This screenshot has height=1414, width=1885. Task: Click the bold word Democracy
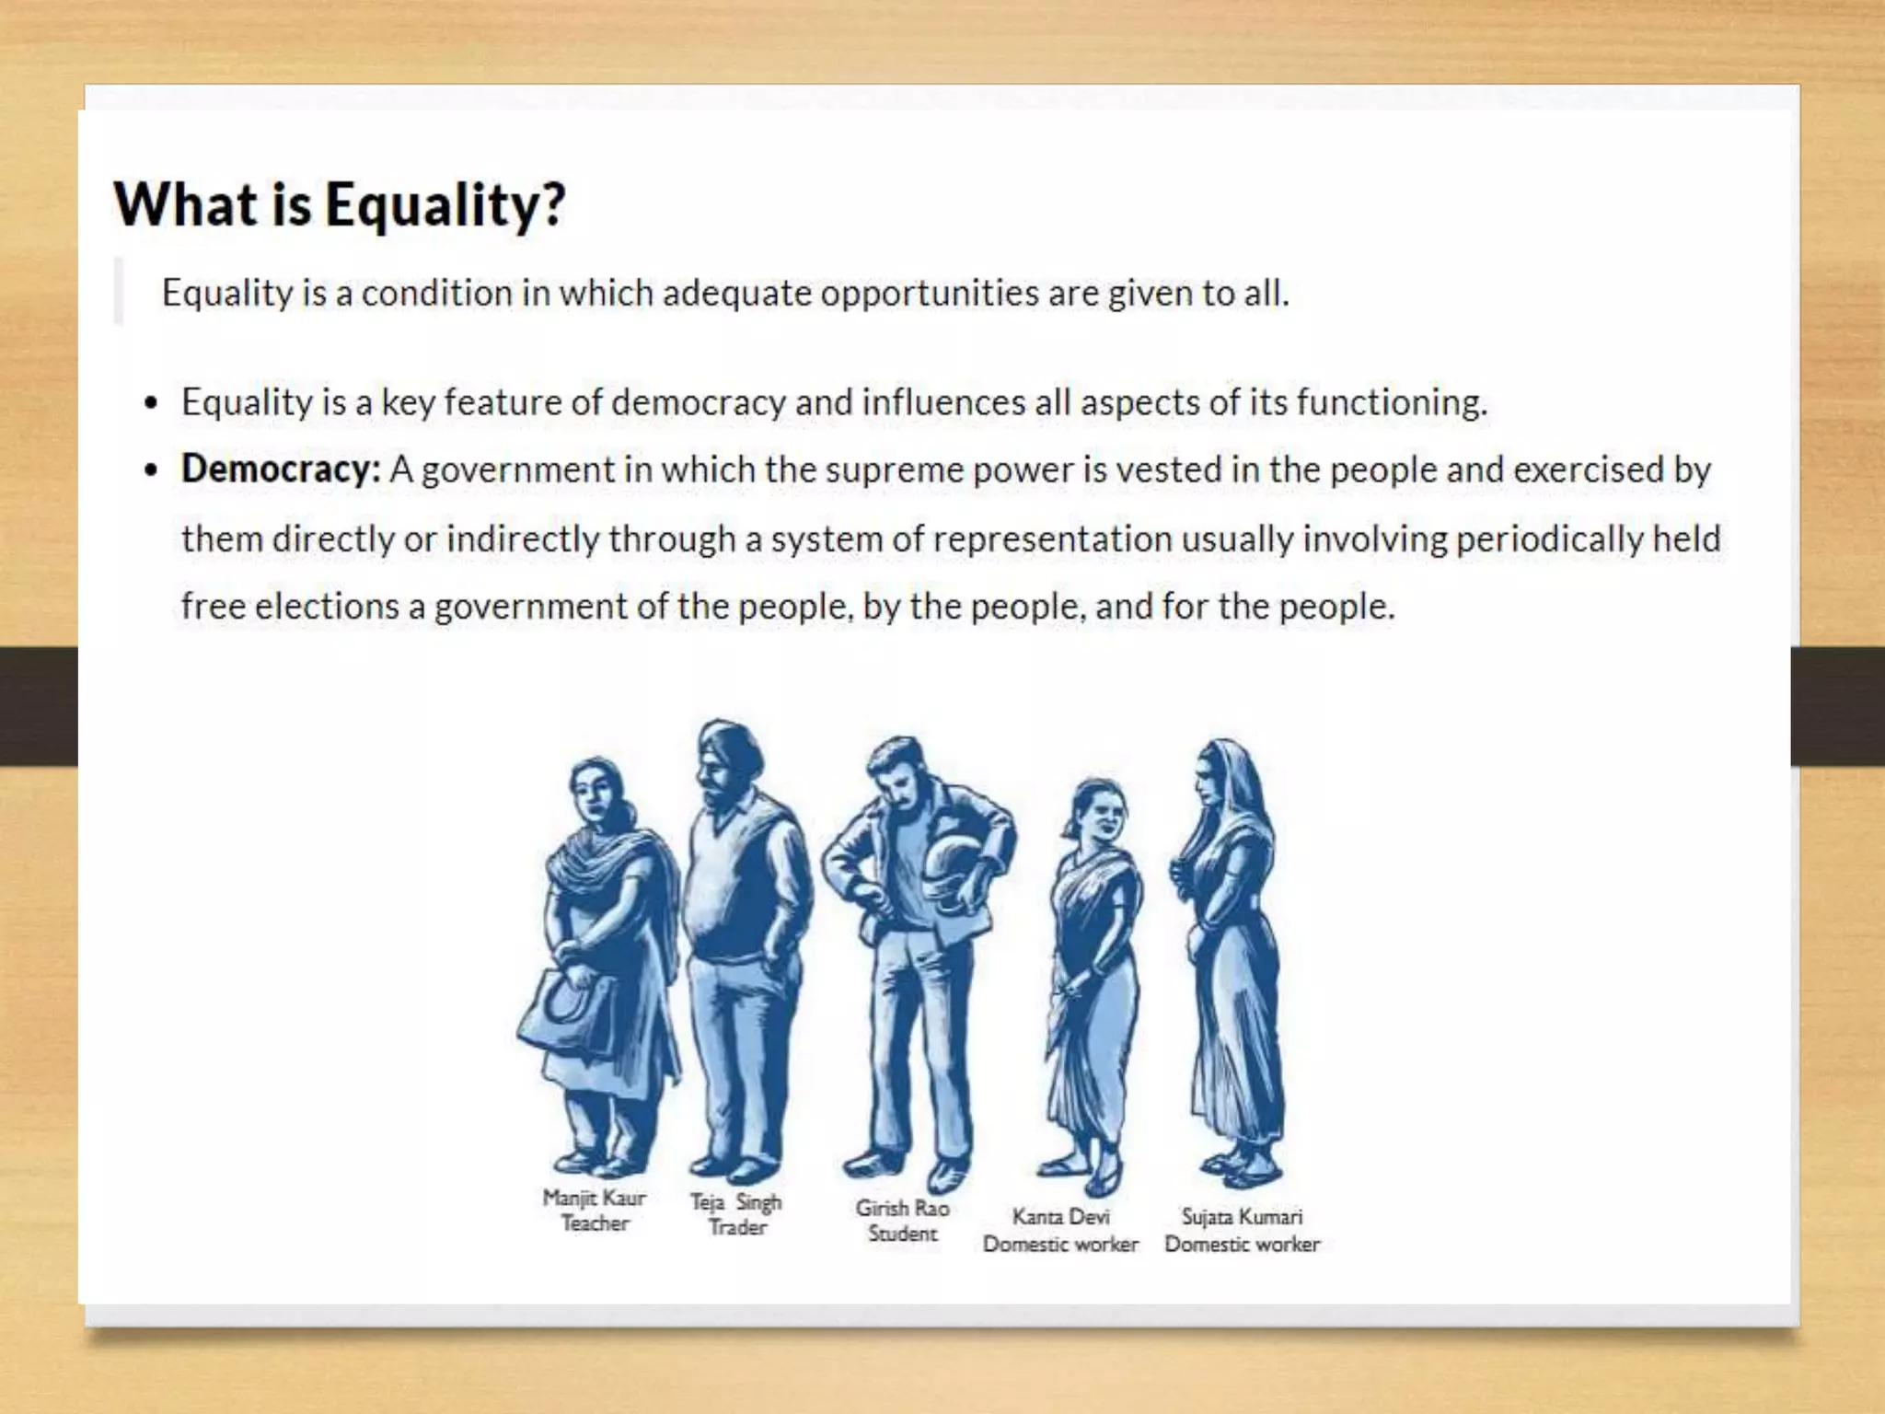[280, 469]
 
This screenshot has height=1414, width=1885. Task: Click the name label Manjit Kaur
[594, 1198]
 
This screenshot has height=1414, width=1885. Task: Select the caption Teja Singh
[735, 1202]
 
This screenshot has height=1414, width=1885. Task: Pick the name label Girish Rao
[902, 1208]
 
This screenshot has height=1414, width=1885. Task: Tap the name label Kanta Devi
[1060, 1217]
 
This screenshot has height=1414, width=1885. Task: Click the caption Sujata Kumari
[1242, 1217]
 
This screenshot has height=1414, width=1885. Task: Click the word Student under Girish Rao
[902, 1234]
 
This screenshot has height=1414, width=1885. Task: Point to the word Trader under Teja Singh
[737, 1228]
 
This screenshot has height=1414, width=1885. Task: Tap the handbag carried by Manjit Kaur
[566, 1013]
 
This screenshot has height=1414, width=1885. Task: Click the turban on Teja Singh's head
[732, 746]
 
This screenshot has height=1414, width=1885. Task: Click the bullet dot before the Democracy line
[152, 470]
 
